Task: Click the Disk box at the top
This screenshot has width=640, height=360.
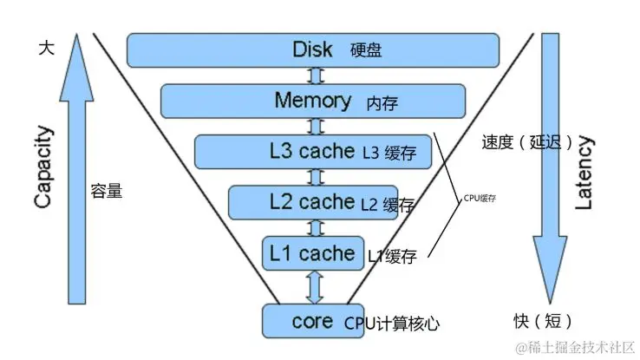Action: click(x=313, y=49)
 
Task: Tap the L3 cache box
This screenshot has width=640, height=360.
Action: click(x=312, y=151)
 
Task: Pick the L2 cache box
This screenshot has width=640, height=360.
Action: click(x=313, y=202)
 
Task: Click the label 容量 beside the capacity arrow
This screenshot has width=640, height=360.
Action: click(x=106, y=190)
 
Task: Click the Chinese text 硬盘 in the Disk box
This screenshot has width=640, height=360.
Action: click(x=366, y=50)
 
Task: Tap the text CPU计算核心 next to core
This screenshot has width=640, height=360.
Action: click(x=392, y=324)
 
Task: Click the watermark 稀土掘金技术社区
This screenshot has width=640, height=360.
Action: click(x=575, y=348)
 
